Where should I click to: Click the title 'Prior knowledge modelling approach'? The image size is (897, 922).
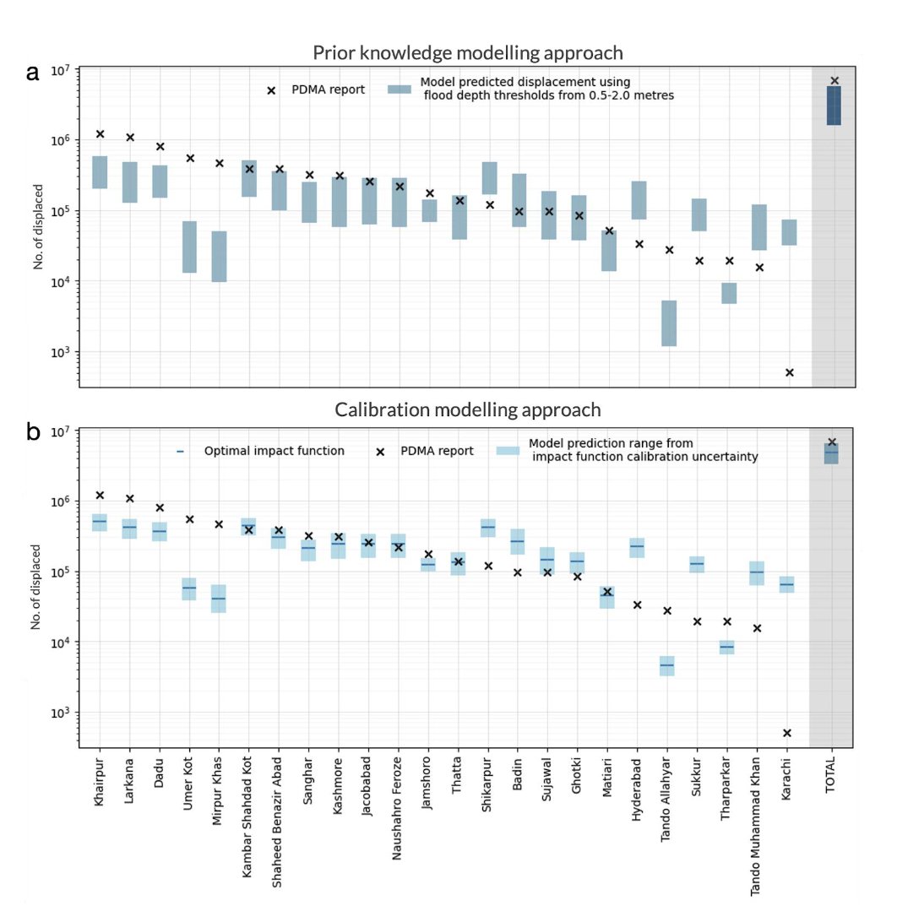(x=468, y=53)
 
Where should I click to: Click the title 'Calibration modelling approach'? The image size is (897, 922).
(x=468, y=409)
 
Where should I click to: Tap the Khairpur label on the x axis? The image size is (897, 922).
(x=99, y=782)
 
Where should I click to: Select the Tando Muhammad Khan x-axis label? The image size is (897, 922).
(x=755, y=826)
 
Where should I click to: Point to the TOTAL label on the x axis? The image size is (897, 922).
(x=830, y=775)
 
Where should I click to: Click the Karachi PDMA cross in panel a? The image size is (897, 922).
(x=790, y=372)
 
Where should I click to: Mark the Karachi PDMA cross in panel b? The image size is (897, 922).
(x=787, y=733)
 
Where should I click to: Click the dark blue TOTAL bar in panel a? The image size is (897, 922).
(x=834, y=106)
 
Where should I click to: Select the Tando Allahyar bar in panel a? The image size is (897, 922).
(x=669, y=323)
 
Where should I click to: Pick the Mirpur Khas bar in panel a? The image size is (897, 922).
(x=219, y=257)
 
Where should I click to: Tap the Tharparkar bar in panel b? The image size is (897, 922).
(x=726, y=648)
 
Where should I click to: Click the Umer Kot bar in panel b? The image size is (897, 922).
(x=189, y=588)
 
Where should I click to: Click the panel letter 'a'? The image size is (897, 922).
(x=33, y=73)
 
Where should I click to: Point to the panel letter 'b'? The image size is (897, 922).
(x=33, y=431)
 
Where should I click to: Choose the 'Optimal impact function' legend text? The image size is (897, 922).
(x=275, y=451)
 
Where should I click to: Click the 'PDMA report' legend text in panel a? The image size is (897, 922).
(x=329, y=89)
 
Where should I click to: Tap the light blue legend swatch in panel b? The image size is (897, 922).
(x=508, y=451)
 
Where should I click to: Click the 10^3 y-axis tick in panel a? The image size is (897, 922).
(x=60, y=351)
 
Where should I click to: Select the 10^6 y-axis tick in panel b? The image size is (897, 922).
(x=60, y=501)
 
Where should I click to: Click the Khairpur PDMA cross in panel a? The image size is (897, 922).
(x=100, y=134)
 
